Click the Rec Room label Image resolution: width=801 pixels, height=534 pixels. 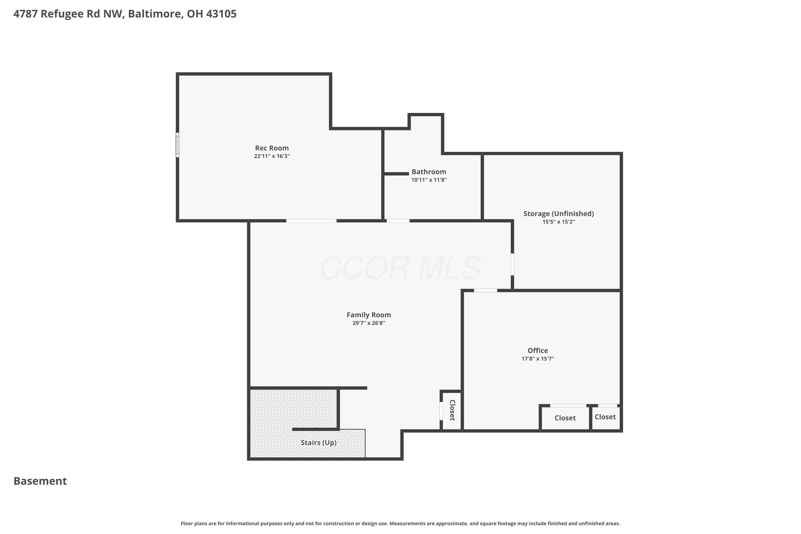pyautogui.click(x=272, y=148)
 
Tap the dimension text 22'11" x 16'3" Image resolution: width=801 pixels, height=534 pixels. pyautogui.click(x=272, y=156)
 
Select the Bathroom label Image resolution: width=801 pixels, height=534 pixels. pyautogui.click(x=429, y=172)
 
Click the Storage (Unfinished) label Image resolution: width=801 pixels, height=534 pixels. pyautogui.click(x=559, y=214)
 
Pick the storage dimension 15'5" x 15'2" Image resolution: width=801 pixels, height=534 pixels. pyautogui.click(x=559, y=222)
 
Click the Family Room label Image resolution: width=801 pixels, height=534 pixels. pyautogui.click(x=369, y=315)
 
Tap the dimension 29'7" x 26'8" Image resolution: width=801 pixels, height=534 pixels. pyautogui.click(x=369, y=323)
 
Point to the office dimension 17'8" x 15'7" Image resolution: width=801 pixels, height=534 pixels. pyautogui.click(x=538, y=359)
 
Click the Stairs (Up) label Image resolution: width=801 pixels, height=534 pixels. pyautogui.click(x=319, y=443)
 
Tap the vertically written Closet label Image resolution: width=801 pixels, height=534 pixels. pyautogui.click(x=452, y=410)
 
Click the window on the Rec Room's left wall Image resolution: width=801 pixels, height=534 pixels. pyautogui.click(x=178, y=145)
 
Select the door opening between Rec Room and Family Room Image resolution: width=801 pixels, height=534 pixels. pyautogui.click(x=311, y=221)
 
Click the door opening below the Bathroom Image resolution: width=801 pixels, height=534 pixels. pyautogui.click(x=398, y=221)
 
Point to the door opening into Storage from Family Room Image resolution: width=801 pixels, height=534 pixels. pyautogui.click(x=512, y=264)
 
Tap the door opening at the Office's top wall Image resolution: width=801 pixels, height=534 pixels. pyautogui.click(x=486, y=290)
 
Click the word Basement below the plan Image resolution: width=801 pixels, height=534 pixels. pyautogui.click(x=40, y=481)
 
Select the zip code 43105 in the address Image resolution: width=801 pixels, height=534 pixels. pyautogui.click(x=221, y=14)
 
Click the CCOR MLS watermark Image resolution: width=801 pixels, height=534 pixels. pyautogui.click(x=400, y=268)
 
